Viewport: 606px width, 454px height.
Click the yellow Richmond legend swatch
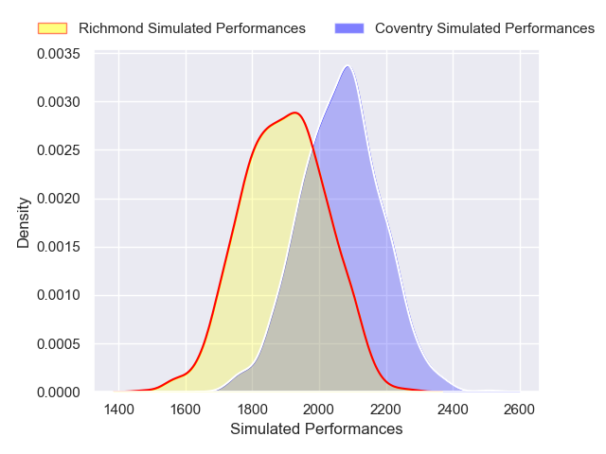(x=53, y=28)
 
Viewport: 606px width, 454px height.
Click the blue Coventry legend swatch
(x=349, y=28)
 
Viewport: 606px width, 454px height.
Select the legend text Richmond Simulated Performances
(x=192, y=28)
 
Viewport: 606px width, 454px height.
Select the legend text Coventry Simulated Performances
(x=485, y=28)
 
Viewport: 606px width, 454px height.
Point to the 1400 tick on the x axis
(x=118, y=410)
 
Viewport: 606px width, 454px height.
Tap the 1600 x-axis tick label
(x=186, y=410)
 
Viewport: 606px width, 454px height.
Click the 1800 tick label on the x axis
(x=253, y=410)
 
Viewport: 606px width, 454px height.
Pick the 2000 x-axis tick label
(x=319, y=410)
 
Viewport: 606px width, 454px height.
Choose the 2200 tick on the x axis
(x=386, y=410)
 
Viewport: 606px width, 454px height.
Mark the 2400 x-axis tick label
(x=453, y=410)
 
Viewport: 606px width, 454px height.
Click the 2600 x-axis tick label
(x=520, y=410)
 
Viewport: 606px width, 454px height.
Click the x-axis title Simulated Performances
(x=316, y=429)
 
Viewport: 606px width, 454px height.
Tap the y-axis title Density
(x=24, y=222)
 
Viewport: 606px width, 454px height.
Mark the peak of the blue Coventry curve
(x=348, y=66)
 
